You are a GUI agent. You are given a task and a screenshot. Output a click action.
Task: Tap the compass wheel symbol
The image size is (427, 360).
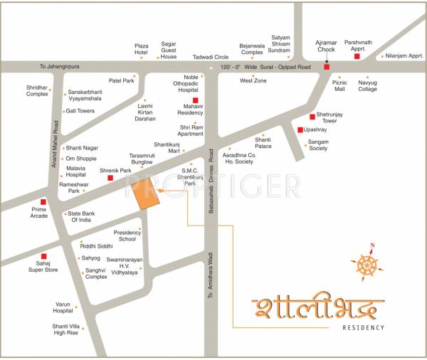(x=369, y=266)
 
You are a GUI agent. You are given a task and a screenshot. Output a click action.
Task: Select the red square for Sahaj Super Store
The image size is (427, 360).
(x=43, y=256)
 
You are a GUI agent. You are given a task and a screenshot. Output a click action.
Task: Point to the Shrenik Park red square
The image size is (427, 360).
(x=110, y=179)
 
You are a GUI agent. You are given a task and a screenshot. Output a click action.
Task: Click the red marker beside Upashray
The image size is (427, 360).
(x=300, y=130)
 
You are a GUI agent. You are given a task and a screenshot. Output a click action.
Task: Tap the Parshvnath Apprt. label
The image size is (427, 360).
(x=357, y=46)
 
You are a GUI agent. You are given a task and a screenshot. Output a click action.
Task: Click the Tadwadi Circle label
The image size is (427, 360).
(x=211, y=57)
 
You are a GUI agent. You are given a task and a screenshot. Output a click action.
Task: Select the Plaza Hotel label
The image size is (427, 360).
(x=142, y=50)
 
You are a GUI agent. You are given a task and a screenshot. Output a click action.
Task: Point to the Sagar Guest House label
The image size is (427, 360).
(x=169, y=50)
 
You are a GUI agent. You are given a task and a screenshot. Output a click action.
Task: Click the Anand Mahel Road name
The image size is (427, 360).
(x=53, y=142)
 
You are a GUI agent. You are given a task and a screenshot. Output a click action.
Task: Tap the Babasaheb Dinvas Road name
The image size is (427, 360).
(x=211, y=181)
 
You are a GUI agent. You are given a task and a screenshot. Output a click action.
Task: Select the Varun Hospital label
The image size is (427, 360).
(x=63, y=307)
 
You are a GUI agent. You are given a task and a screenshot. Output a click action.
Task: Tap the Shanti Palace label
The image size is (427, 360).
(x=263, y=143)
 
